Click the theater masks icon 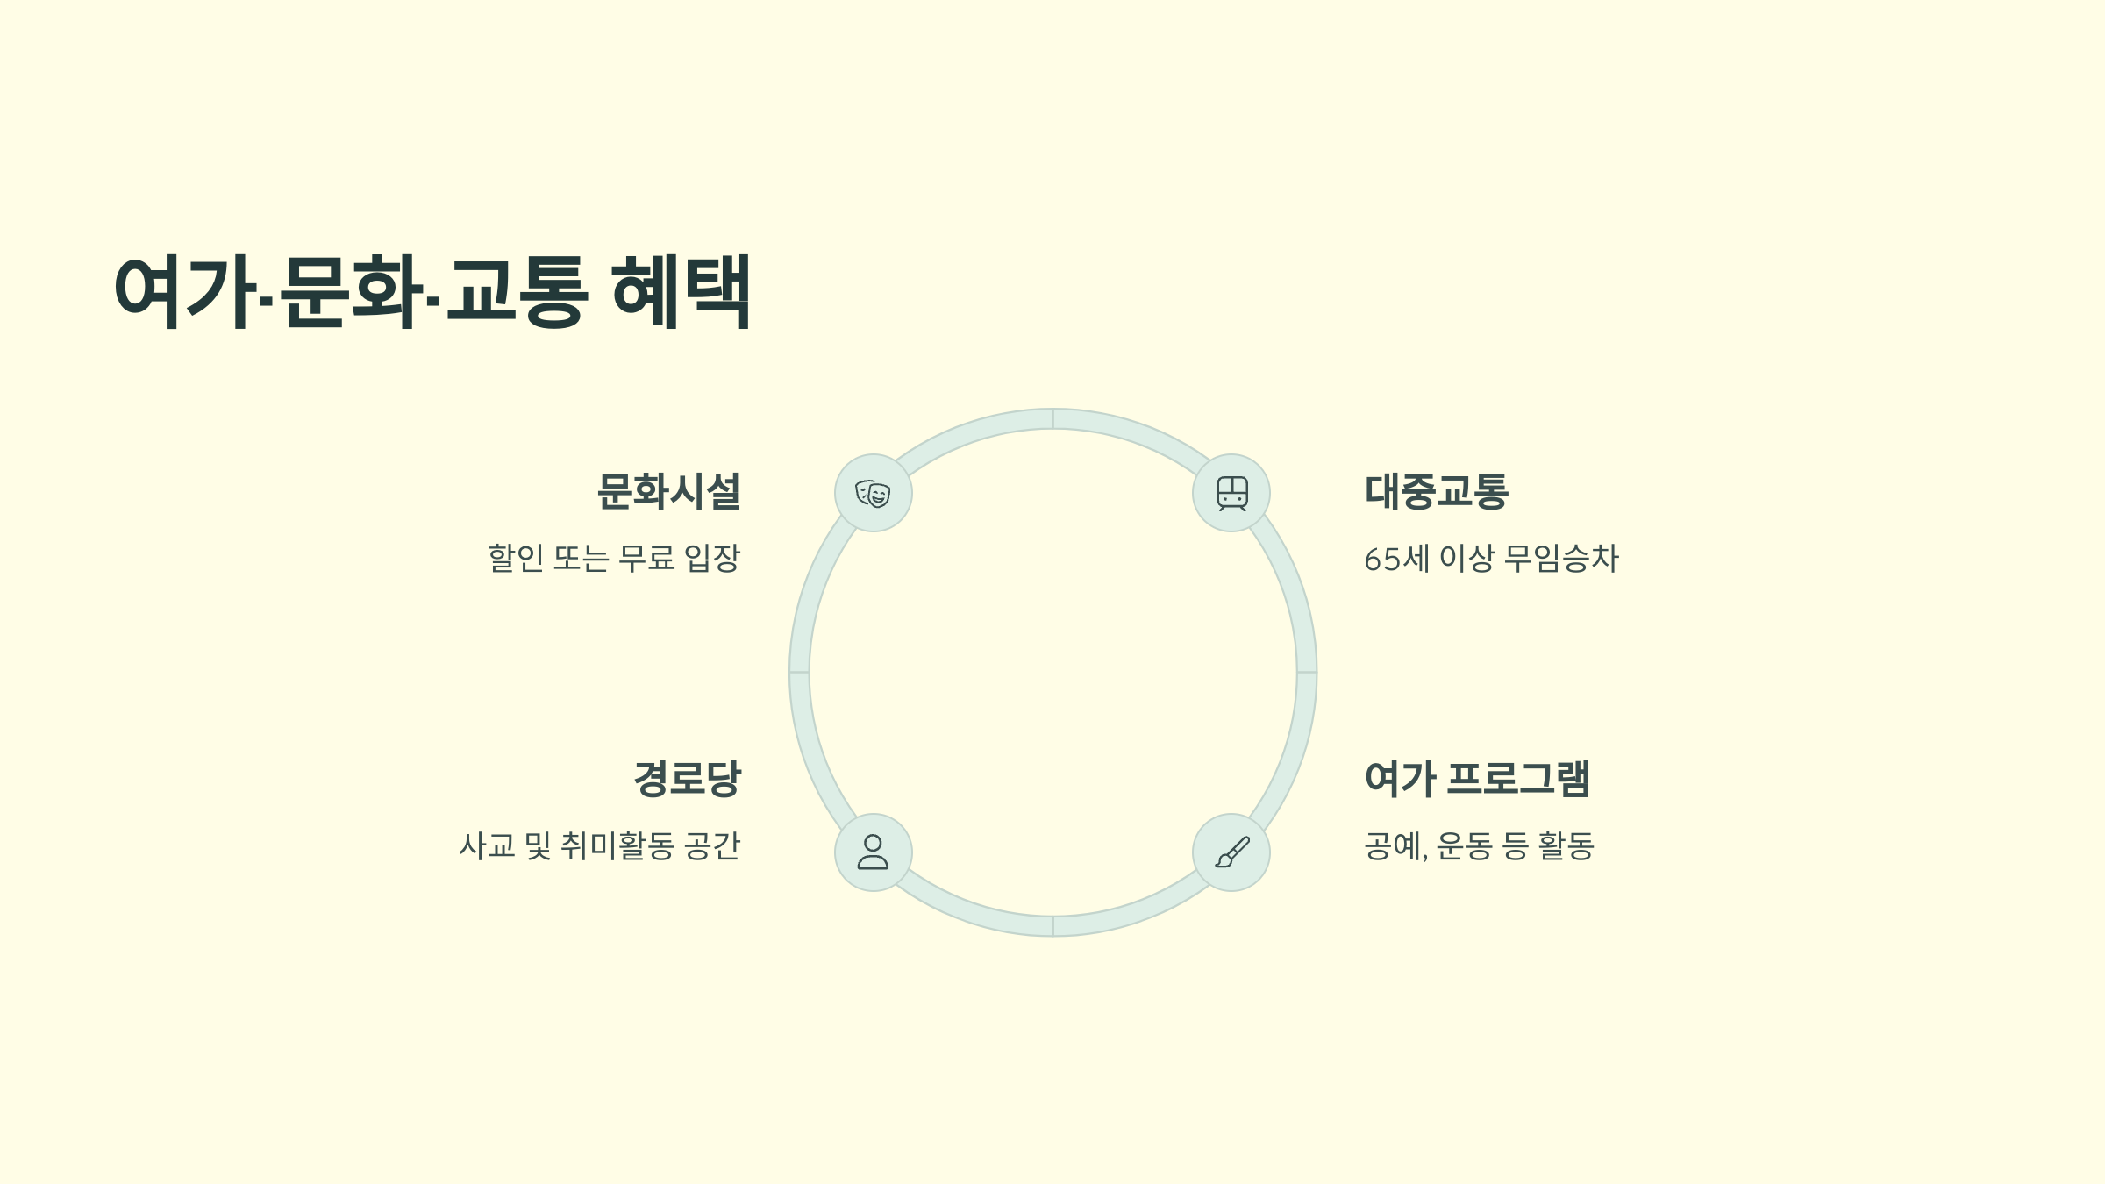point(873,494)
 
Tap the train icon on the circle point(1231,494)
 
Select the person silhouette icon point(873,852)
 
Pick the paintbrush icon point(1231,852)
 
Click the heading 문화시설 point(668,491)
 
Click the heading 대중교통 point(1437,491)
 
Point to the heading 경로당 point(687,779)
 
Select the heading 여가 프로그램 point(1477,779)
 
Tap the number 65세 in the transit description point(1396,559)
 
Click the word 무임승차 point(1561,559)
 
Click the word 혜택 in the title point(681,291)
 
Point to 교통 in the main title point(516,291)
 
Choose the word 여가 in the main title point(184,291)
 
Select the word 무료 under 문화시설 point(646,559)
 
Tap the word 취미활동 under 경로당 point(617,846)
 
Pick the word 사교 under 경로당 point(487,846)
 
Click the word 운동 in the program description point(1464,846)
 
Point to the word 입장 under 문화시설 point(712,559)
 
